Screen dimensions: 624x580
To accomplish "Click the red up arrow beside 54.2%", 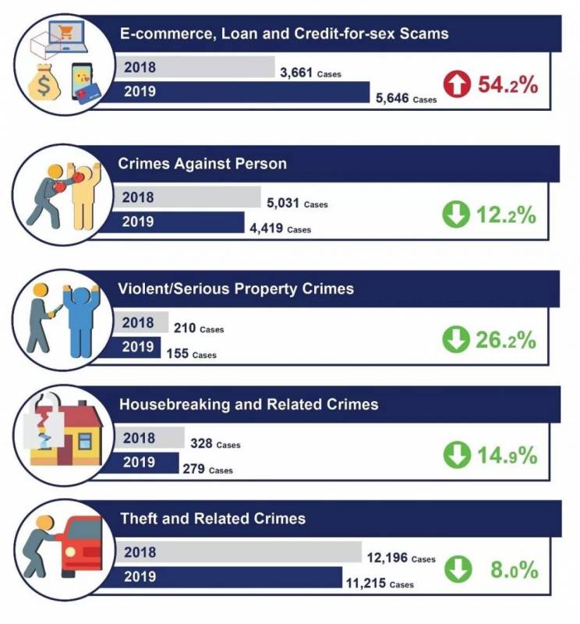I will [x=456, y=84].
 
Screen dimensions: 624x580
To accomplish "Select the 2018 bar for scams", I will [x=195, y=66].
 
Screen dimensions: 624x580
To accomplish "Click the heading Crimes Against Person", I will [x=202, y=164].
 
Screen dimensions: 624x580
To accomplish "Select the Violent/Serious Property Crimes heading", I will [x=236, y=289].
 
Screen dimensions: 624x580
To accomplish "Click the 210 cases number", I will [x=198, y=328].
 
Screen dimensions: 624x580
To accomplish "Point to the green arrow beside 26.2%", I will [x=456, y=339].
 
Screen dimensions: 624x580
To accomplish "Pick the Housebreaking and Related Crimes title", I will [x=248, y=405].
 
